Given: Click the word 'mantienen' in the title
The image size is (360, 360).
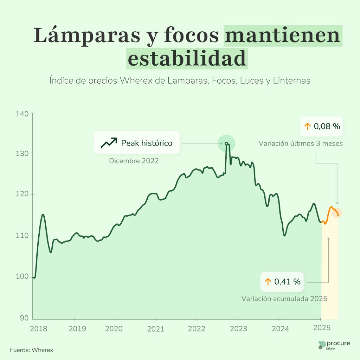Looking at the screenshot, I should point(283,36).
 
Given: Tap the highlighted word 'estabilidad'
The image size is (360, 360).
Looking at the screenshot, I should point(187,59).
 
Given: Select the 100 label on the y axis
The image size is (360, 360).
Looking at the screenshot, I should point(23,277).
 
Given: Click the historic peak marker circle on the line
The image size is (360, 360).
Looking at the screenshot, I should point(226,143).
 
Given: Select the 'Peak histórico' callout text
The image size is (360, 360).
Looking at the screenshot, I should point(147,143).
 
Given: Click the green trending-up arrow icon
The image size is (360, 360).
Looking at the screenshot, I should point(108,143).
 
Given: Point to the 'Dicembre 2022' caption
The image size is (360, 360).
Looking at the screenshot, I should point(134,161).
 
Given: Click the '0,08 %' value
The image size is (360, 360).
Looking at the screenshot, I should point(327,127).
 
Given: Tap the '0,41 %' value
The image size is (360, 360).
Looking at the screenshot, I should point(287,282).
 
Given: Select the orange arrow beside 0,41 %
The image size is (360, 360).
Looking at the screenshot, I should point(268,282).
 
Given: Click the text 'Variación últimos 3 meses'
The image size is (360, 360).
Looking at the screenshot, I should point(301,143).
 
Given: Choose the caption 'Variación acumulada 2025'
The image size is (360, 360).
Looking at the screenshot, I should point(284,299).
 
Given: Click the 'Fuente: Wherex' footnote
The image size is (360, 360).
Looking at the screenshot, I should point(32,350).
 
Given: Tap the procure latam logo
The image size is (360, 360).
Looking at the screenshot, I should point(334,345).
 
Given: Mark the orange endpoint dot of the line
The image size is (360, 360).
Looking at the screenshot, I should point(337,213).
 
